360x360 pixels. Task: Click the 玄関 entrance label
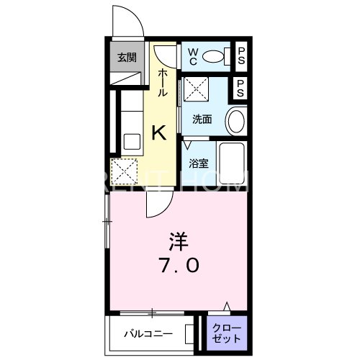pyautogui.click(x=127, y=58)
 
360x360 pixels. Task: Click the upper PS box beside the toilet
pyautogui.click(x=241, y=55)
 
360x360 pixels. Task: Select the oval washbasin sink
pyautogui.click(x=235, y=121)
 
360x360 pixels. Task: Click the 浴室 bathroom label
pyautogui.click(x=199, y=163)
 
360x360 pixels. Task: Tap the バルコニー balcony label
pyautogui.click(x=147, y=334)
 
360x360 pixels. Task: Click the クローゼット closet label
pyautogui.click(x=228, y=333)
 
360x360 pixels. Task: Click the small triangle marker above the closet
pyautogui.click(x=228, y=307)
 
